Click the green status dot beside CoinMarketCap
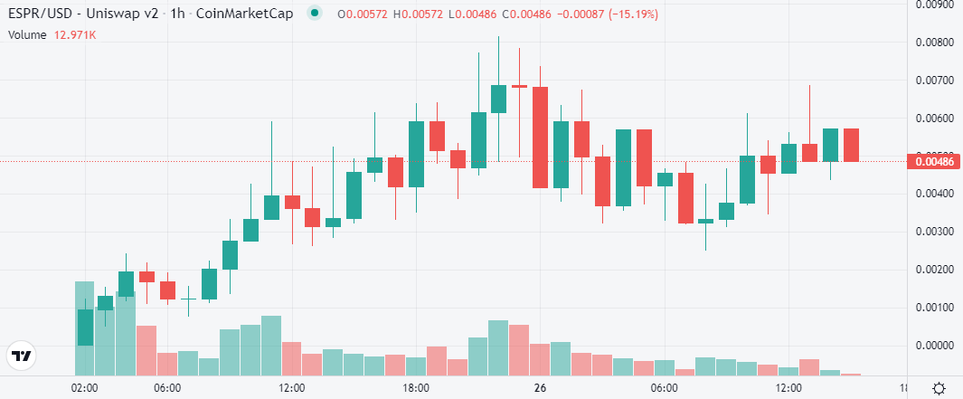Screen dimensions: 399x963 point(314,14)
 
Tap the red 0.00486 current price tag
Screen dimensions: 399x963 point(932,161)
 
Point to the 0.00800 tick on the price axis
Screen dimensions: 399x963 point(932,42)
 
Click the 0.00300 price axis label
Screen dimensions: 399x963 point(932,232)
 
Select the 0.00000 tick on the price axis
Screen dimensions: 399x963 point(932,346)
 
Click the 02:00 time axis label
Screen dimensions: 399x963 point(85,388)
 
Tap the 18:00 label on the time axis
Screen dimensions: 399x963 point(415,388)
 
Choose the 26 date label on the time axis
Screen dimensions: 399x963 point(540,388)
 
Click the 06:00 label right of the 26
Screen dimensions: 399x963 point(664,388)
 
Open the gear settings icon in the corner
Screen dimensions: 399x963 point(939,388)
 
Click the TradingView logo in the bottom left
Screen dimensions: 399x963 point(22,356)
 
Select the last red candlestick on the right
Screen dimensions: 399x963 point(851,145)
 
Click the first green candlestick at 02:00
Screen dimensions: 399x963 point(85,327)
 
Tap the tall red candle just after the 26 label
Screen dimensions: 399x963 point(540,138)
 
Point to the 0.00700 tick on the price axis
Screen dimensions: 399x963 point(932,81)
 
